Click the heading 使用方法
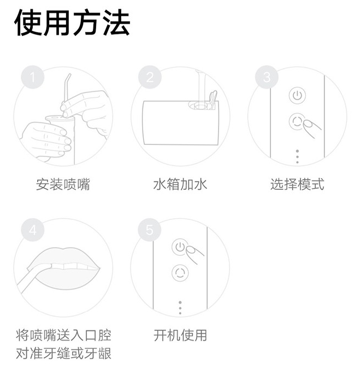pos(72,22)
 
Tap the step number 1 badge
pos(33,77)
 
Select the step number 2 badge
pos(150,77)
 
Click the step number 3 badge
pos(267,77)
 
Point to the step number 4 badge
pos(33,230)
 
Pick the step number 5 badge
pos(150,230)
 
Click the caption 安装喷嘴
pos(63,184)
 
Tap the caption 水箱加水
pos(180,184)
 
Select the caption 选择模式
pos(297,184)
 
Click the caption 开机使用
pos(180,335)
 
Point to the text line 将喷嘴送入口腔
pos(63,335)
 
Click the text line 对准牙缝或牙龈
pos(63,353)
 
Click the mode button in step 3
pos(297,121)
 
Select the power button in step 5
pos(179,247)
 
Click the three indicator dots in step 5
pos(180,307)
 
